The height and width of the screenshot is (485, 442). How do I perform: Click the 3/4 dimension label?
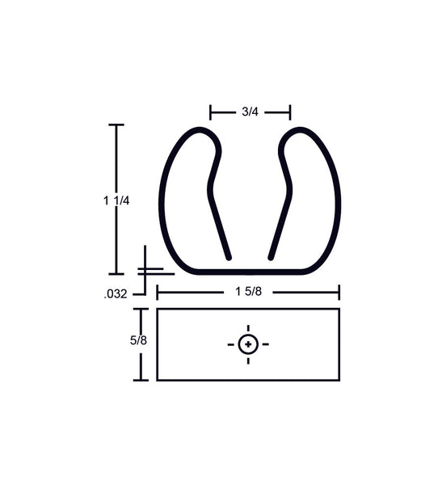tap(249, 112)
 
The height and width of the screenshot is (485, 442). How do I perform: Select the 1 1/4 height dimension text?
tap(117, 200)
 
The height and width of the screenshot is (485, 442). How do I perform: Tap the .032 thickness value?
tap(116, 295)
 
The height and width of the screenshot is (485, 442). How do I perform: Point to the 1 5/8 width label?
tap(248, 292)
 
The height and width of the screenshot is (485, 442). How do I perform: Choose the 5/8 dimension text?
tap(138, 340)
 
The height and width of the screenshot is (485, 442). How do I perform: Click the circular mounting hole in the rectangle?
tap(248, 344)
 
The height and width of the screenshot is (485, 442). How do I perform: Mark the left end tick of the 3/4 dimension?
tap(210, 112)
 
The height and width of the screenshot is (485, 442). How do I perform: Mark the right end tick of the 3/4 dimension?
tap(289, 112)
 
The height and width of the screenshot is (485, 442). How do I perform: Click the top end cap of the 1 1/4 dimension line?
tap(116, 125)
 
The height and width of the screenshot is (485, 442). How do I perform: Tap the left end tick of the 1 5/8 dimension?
tap(157, 292)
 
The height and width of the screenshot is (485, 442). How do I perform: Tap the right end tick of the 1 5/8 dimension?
tap(339, 292)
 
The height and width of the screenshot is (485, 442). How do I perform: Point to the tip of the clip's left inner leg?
tap(229, 257)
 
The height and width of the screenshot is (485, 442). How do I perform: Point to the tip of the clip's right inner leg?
tap(271, 257)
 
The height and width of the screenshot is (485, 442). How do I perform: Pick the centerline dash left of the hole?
tap(231, 344)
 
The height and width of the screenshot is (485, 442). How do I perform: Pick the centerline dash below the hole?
tap(248, 361)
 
